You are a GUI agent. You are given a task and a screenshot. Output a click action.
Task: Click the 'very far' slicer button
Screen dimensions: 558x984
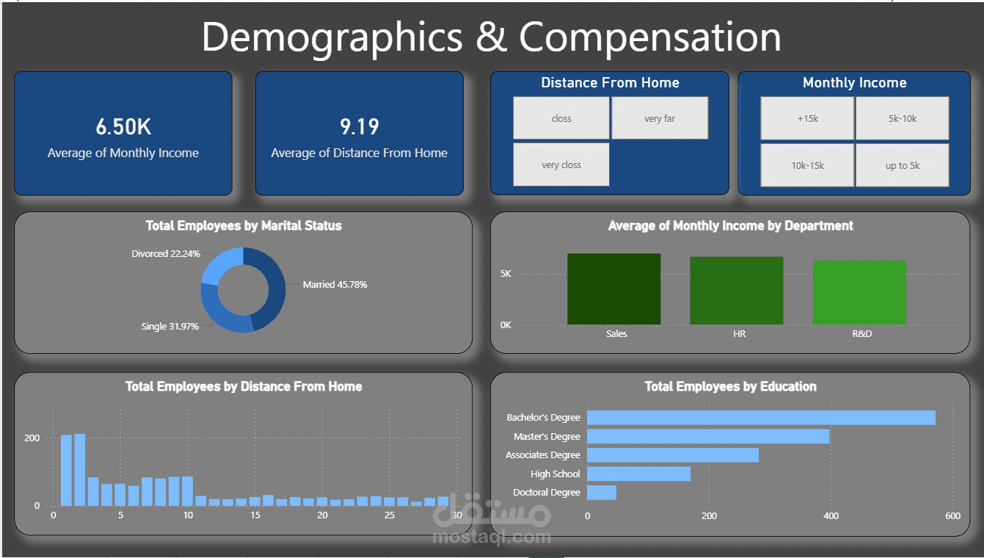660,118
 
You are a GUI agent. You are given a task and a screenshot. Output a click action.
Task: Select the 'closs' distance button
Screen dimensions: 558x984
561,118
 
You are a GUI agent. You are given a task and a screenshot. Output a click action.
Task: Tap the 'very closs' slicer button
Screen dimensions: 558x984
561,164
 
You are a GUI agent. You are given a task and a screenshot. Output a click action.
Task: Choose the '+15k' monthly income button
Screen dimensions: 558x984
807,118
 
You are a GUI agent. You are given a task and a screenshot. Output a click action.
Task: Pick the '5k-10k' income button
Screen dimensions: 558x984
902,118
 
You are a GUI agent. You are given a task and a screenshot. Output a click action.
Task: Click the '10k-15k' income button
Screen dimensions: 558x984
807,165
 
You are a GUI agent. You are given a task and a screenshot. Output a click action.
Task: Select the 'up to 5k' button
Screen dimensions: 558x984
902,165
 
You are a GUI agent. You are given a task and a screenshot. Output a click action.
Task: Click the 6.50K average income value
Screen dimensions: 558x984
123,127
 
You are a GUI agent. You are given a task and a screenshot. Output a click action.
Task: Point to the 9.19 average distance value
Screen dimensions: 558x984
359,127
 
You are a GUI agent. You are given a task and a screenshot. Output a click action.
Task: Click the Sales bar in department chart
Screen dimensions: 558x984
613,289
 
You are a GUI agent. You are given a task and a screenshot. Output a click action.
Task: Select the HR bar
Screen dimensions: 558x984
736,291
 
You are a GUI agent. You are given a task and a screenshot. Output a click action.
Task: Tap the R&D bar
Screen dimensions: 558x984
859,293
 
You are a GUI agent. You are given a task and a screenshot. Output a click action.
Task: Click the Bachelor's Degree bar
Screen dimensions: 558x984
761,418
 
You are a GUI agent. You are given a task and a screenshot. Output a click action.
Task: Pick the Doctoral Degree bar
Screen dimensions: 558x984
602,493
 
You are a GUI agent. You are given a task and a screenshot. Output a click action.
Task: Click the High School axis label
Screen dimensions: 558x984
555,474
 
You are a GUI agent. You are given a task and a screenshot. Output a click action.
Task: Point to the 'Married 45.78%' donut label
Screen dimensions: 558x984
335,285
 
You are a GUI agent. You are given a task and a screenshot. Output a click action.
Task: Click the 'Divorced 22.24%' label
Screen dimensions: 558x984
166,254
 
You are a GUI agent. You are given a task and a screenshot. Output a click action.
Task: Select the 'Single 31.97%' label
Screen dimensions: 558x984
170,327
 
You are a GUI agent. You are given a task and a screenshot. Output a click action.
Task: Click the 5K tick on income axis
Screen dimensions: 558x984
506,274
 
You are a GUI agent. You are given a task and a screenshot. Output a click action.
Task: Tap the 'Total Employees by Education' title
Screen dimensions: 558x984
730,386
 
